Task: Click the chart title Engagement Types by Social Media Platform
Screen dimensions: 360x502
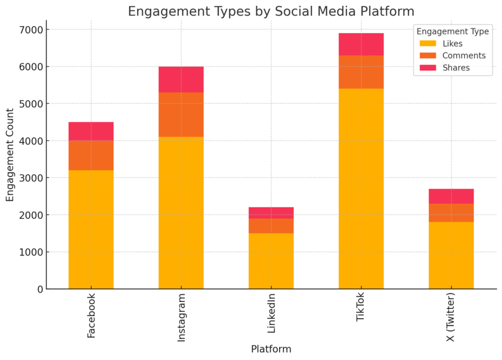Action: coord(271,12)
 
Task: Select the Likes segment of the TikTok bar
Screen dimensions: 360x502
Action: coord(361,189)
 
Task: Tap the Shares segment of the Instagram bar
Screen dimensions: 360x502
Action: coord(181,80)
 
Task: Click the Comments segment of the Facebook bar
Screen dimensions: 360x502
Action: coord(91,155)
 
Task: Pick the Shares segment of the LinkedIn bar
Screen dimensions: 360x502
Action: coord(271,213)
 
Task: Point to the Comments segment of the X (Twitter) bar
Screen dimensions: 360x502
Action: coord(451,213)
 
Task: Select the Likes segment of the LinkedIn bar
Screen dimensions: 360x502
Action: coord(271,261)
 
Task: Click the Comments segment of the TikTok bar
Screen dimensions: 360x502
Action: coord(361,72)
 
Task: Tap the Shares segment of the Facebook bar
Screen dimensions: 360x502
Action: coord(91,131)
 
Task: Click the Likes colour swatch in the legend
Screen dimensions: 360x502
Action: coord(427,44)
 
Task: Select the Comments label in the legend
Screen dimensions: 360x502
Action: coord(464,56)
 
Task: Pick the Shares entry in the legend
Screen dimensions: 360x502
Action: coord(456,68)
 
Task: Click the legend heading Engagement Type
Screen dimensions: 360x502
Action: coord(453,31)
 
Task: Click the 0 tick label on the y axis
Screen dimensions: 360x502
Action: coord(39,289)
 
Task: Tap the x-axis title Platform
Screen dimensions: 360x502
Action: coord(271,349)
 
